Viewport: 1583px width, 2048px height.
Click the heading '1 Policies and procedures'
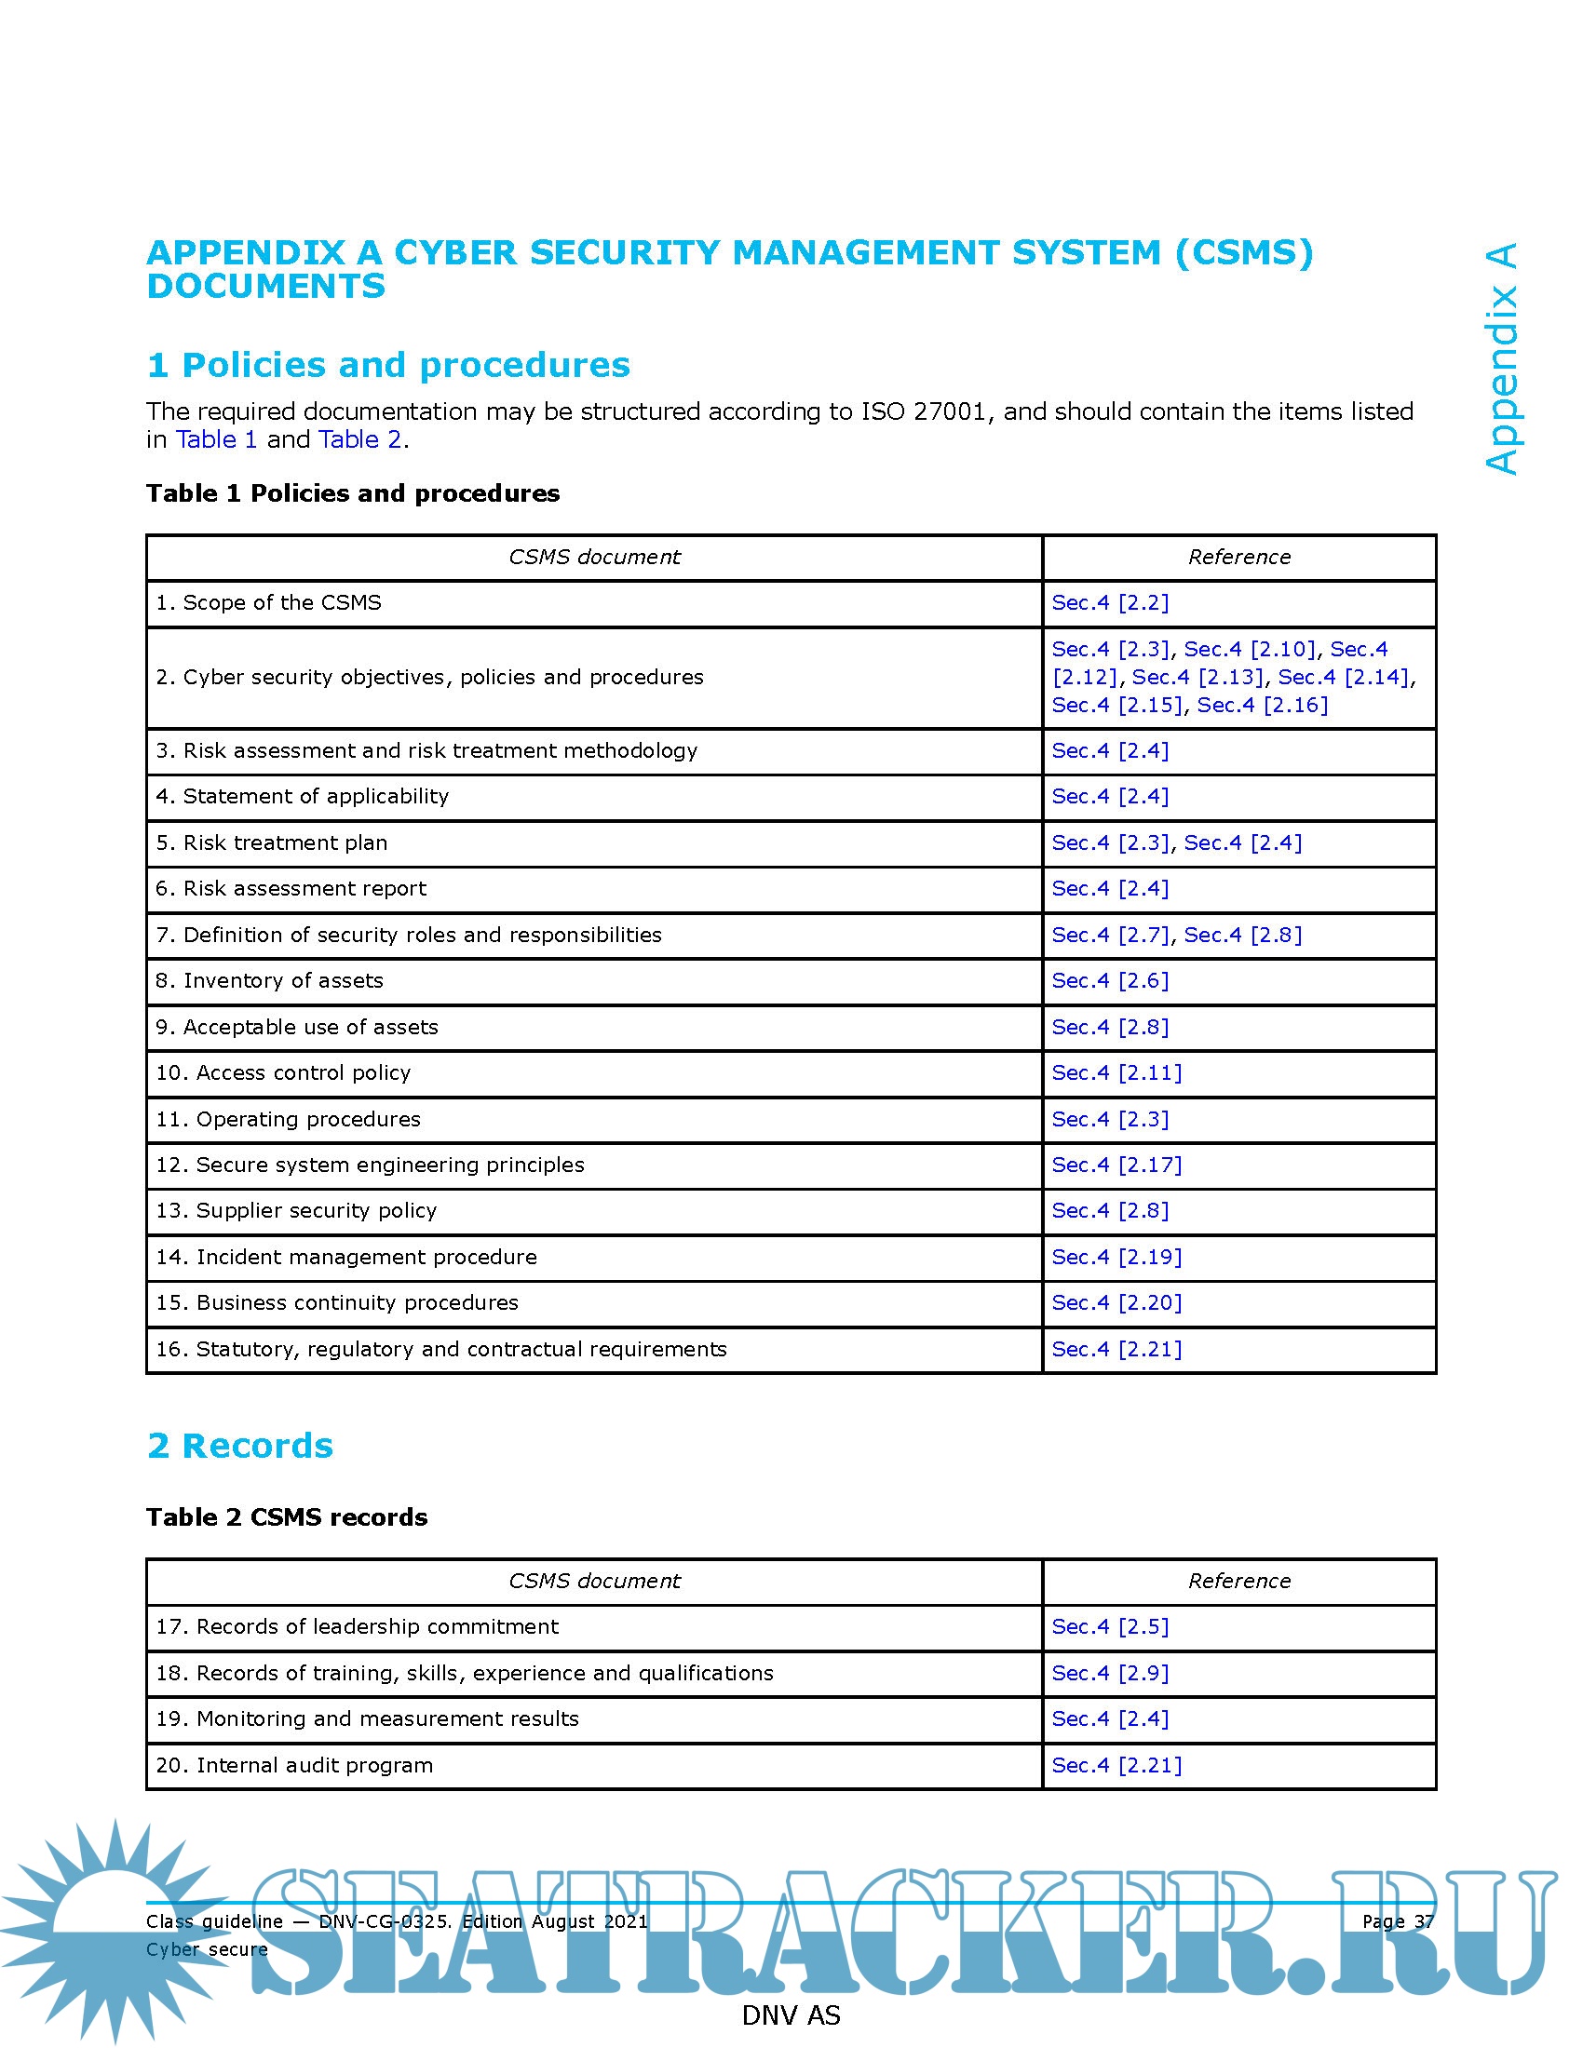click(388, 365)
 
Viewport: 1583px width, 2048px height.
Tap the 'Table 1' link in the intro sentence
click(216, 439)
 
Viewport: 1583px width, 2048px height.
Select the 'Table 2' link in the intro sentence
click(360, 439)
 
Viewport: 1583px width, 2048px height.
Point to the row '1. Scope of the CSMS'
click(268, 603)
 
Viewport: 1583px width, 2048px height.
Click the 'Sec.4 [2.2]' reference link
click(1110, 603)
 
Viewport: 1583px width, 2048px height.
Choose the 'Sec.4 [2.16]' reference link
click(1263, 706)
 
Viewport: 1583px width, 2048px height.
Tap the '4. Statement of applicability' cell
click(302, 796)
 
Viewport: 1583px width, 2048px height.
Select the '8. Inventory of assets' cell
click(269, 981)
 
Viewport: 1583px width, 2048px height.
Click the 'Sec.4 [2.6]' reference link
click(1110, 981)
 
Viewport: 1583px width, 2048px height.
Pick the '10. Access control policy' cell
click(283, 1072)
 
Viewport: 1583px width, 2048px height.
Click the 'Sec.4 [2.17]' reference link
click(1116, 1165)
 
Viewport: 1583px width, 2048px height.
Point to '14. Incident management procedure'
click(346, 1258)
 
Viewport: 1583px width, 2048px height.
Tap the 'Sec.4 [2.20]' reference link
click(1116, 1302)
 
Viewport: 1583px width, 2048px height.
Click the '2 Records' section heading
click(240, 1446)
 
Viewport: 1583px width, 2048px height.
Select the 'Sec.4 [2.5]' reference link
click(1110, 1627)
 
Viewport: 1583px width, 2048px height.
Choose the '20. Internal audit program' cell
click(294, 1766)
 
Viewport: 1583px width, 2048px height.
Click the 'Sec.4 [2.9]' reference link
click(1110, 1674)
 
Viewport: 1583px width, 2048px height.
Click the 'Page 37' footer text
click(1398, 1921)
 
